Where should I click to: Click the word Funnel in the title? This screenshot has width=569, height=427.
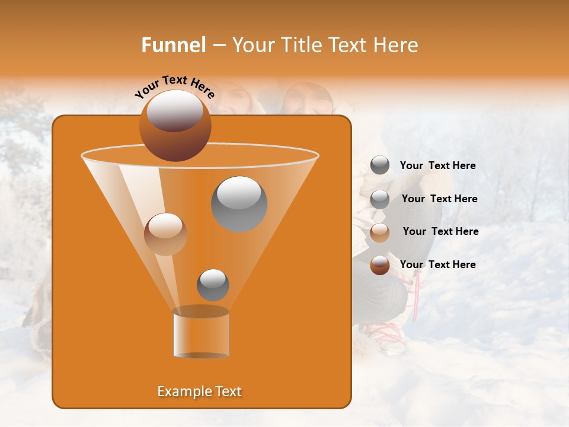[174, 45]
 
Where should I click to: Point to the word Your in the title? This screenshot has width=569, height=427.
[250, 45]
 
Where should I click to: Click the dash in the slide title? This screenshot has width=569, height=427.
[219, 46]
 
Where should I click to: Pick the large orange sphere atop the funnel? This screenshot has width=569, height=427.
[175, 126]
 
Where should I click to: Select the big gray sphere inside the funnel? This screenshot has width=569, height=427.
[239, 203]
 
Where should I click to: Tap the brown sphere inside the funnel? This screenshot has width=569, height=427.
[165, 234]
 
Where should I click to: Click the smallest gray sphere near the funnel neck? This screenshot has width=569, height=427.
[213, 285]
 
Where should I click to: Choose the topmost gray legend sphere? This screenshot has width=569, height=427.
[380, 165]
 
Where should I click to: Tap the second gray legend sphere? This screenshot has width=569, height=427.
[380, 199]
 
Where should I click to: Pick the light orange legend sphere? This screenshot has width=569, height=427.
[380, 232]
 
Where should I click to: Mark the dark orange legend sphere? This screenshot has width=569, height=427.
[380, 265]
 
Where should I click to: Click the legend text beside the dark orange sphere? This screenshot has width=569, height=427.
[438, 265]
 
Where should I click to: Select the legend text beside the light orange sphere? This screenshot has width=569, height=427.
[440, 231]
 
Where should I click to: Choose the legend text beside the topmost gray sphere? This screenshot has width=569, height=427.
[438, 165]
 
